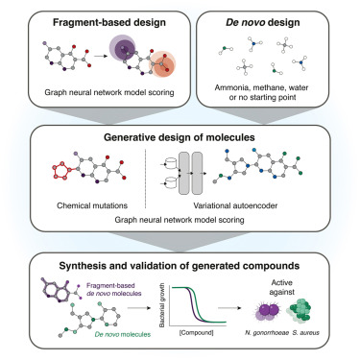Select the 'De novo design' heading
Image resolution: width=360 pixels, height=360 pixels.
274,21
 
